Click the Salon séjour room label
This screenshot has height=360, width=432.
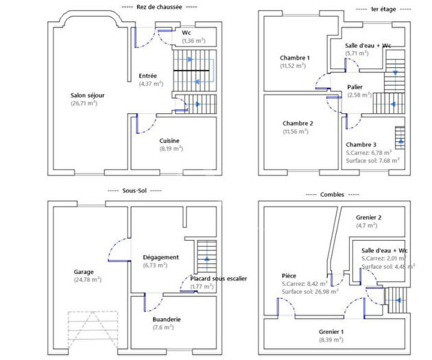point(88,95)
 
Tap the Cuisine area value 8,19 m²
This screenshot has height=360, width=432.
point(170,148)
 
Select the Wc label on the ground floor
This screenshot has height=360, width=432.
point(187,32)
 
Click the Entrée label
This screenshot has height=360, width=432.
point(147,75)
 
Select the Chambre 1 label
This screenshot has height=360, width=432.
point(295,58)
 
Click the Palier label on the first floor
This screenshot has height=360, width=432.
point(355,87)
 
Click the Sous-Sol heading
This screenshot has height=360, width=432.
point(135,191)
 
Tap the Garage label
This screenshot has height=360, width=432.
point(84,271)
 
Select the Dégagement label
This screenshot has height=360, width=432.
point(161,257)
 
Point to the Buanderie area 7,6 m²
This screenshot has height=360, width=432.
point(162,327)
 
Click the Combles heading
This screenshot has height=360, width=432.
point(333,195)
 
